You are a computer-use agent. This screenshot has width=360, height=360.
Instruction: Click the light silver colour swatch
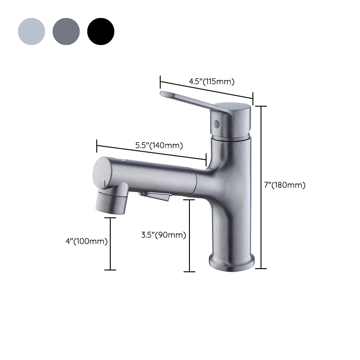point(31,31)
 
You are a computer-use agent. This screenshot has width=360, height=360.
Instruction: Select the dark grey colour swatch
point(66,31)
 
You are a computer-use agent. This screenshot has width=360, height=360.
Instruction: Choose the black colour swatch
point(101,31)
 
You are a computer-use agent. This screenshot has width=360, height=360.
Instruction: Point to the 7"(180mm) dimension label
point(284,185)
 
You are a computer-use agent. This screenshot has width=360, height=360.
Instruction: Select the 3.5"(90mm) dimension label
point(163,234)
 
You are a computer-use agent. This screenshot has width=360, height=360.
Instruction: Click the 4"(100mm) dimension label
point(86,241)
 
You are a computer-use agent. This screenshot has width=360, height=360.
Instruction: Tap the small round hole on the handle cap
point(216,124)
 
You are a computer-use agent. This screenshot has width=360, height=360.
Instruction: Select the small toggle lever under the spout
point(155,196)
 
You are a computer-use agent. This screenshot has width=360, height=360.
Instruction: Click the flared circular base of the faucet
point(232,262)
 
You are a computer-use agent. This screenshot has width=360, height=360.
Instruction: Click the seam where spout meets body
point(195,182)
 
